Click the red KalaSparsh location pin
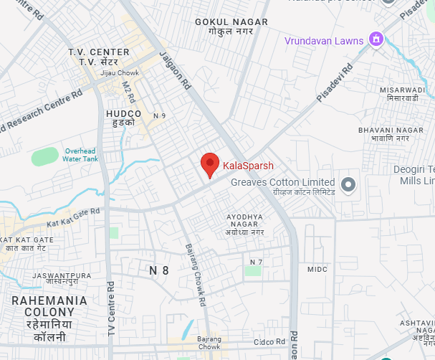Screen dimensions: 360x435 tap(209, 164)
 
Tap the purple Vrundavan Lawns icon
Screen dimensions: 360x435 tap(375, 39)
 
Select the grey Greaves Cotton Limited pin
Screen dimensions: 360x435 tap(349, 185)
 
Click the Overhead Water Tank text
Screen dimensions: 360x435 tap(80, 155)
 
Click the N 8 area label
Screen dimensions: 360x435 tap(158, 270)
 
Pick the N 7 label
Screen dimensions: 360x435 tap(257, 262)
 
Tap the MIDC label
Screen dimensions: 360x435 tap(317, 269)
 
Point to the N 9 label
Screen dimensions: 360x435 tap(159, 115)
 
